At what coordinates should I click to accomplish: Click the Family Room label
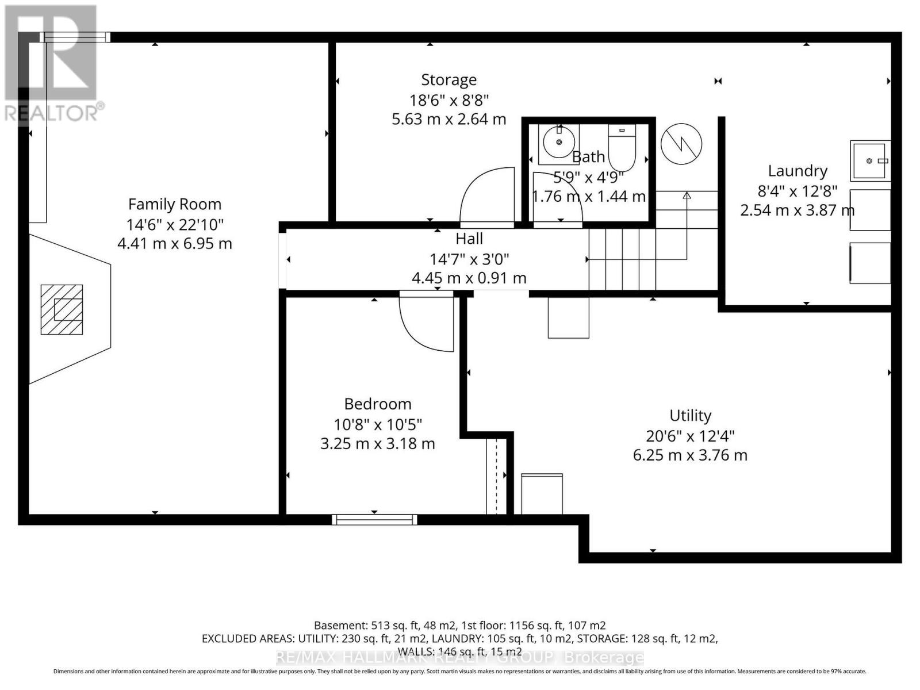(x=174, y=204)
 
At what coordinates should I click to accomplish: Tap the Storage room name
(x=448, y=80)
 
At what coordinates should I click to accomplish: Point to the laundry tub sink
(x=870, y=161)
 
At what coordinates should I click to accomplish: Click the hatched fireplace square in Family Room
(x=62, y=309)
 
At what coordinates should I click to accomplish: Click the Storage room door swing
(x=486, y=195)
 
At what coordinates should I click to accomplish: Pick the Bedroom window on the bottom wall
(x=374, y=520)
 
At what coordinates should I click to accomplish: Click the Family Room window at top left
(x=75, y=37)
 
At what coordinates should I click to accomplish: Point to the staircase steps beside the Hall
(x=622, y=259)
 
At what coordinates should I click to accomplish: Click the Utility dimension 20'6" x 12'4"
(x=690, y=436)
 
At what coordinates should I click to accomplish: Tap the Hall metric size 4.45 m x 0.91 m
(x=469, y=278)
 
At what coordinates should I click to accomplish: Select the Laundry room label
(x=798, y=171)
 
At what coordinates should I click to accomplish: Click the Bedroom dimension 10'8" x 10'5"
(x=378, y=424)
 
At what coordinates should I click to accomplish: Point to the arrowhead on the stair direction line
(x=687, y=195)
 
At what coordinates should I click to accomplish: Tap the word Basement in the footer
(x=339, y=625)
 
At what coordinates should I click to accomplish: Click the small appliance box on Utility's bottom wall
(x=542, y=493)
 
